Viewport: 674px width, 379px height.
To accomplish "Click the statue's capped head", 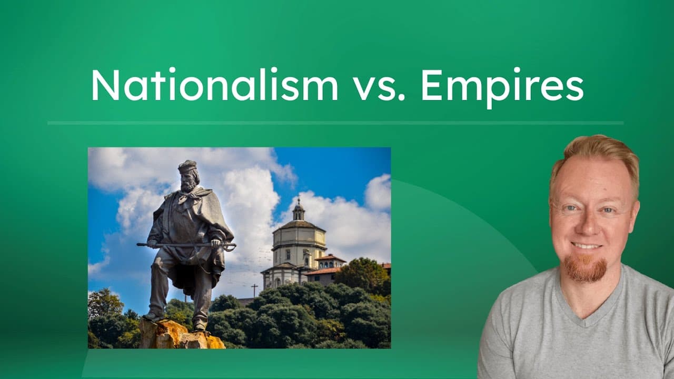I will [x=188, y=174].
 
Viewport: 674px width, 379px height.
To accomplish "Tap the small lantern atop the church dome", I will [x=299, y=210].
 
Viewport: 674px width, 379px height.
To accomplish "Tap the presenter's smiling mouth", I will [x=587, y=246].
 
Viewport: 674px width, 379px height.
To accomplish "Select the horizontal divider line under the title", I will [x=335, y=123].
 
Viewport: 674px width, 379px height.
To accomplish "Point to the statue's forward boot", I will [x=153, y=316].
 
